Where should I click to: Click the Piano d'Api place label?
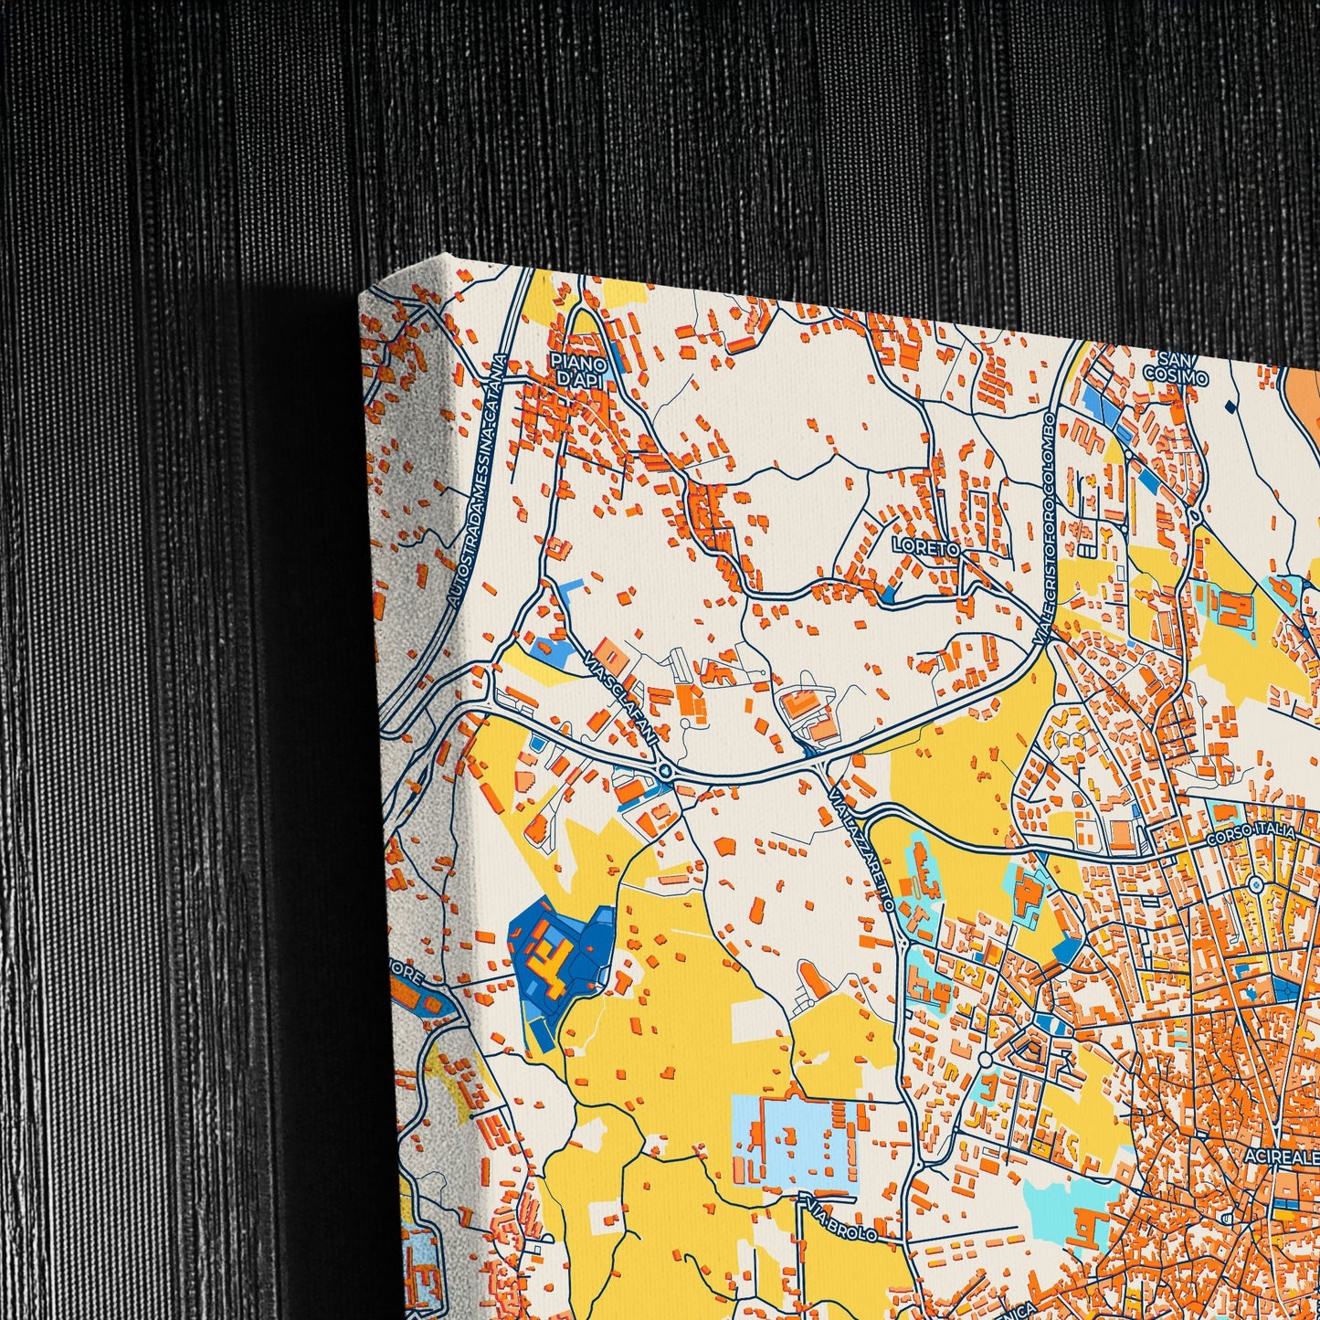click(x=579, y=370)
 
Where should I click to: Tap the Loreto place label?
click(x=925, y=548)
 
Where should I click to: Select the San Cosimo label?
click(x=1176, y=367)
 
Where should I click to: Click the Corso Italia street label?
click(x=1251, y=834)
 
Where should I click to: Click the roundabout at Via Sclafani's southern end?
click(x=664, y=773)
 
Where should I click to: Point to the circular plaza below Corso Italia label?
click(x=1255, y=884)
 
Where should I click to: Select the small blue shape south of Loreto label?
click(x=888, y=597)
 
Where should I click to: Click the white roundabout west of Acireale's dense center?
click(x=985, y=1059)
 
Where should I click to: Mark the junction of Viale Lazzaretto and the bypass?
click(x=816, y=758)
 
